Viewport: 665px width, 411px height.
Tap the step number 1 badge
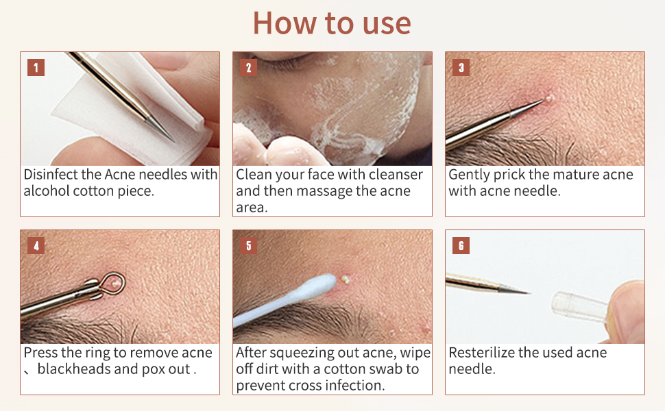[x=36, y=67]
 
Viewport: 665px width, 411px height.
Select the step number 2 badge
[x=248, y=67]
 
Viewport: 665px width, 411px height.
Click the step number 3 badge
[x=461, y=67]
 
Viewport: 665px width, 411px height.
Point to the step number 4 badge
[x=36, y=245]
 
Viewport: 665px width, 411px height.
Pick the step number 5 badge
[x=248, y=245]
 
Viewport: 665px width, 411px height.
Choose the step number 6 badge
[x=461, y=245]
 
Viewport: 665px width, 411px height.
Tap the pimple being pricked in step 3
[x=549, y=99]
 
